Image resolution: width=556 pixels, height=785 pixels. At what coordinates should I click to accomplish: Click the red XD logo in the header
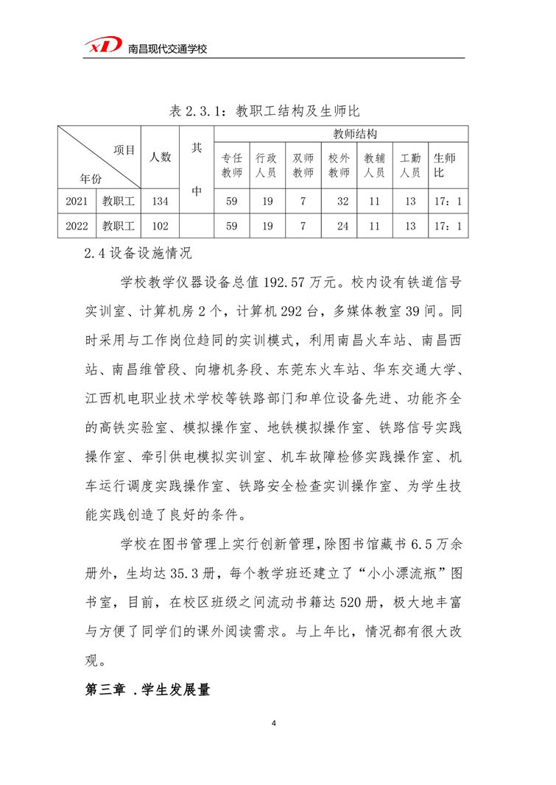[x=102, y=46]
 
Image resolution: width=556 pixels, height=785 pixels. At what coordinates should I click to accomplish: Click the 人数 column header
[x=161, y=157]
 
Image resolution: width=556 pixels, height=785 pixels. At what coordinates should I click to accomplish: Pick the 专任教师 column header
[x=232, y=166]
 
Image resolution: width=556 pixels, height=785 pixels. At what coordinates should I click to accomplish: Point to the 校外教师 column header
[x=339, y=166]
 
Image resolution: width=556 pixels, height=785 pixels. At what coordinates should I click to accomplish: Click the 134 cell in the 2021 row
[x=161, y=201]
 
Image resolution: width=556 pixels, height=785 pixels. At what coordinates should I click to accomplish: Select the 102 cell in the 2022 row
[x=161, y=226]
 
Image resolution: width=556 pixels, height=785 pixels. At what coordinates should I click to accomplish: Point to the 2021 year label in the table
[x=77, y=201]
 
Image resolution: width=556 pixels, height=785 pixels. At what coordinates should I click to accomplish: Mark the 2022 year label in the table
[x=77, y=226]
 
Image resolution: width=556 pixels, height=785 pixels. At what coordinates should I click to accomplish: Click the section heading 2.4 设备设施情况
[x=138, y=254]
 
